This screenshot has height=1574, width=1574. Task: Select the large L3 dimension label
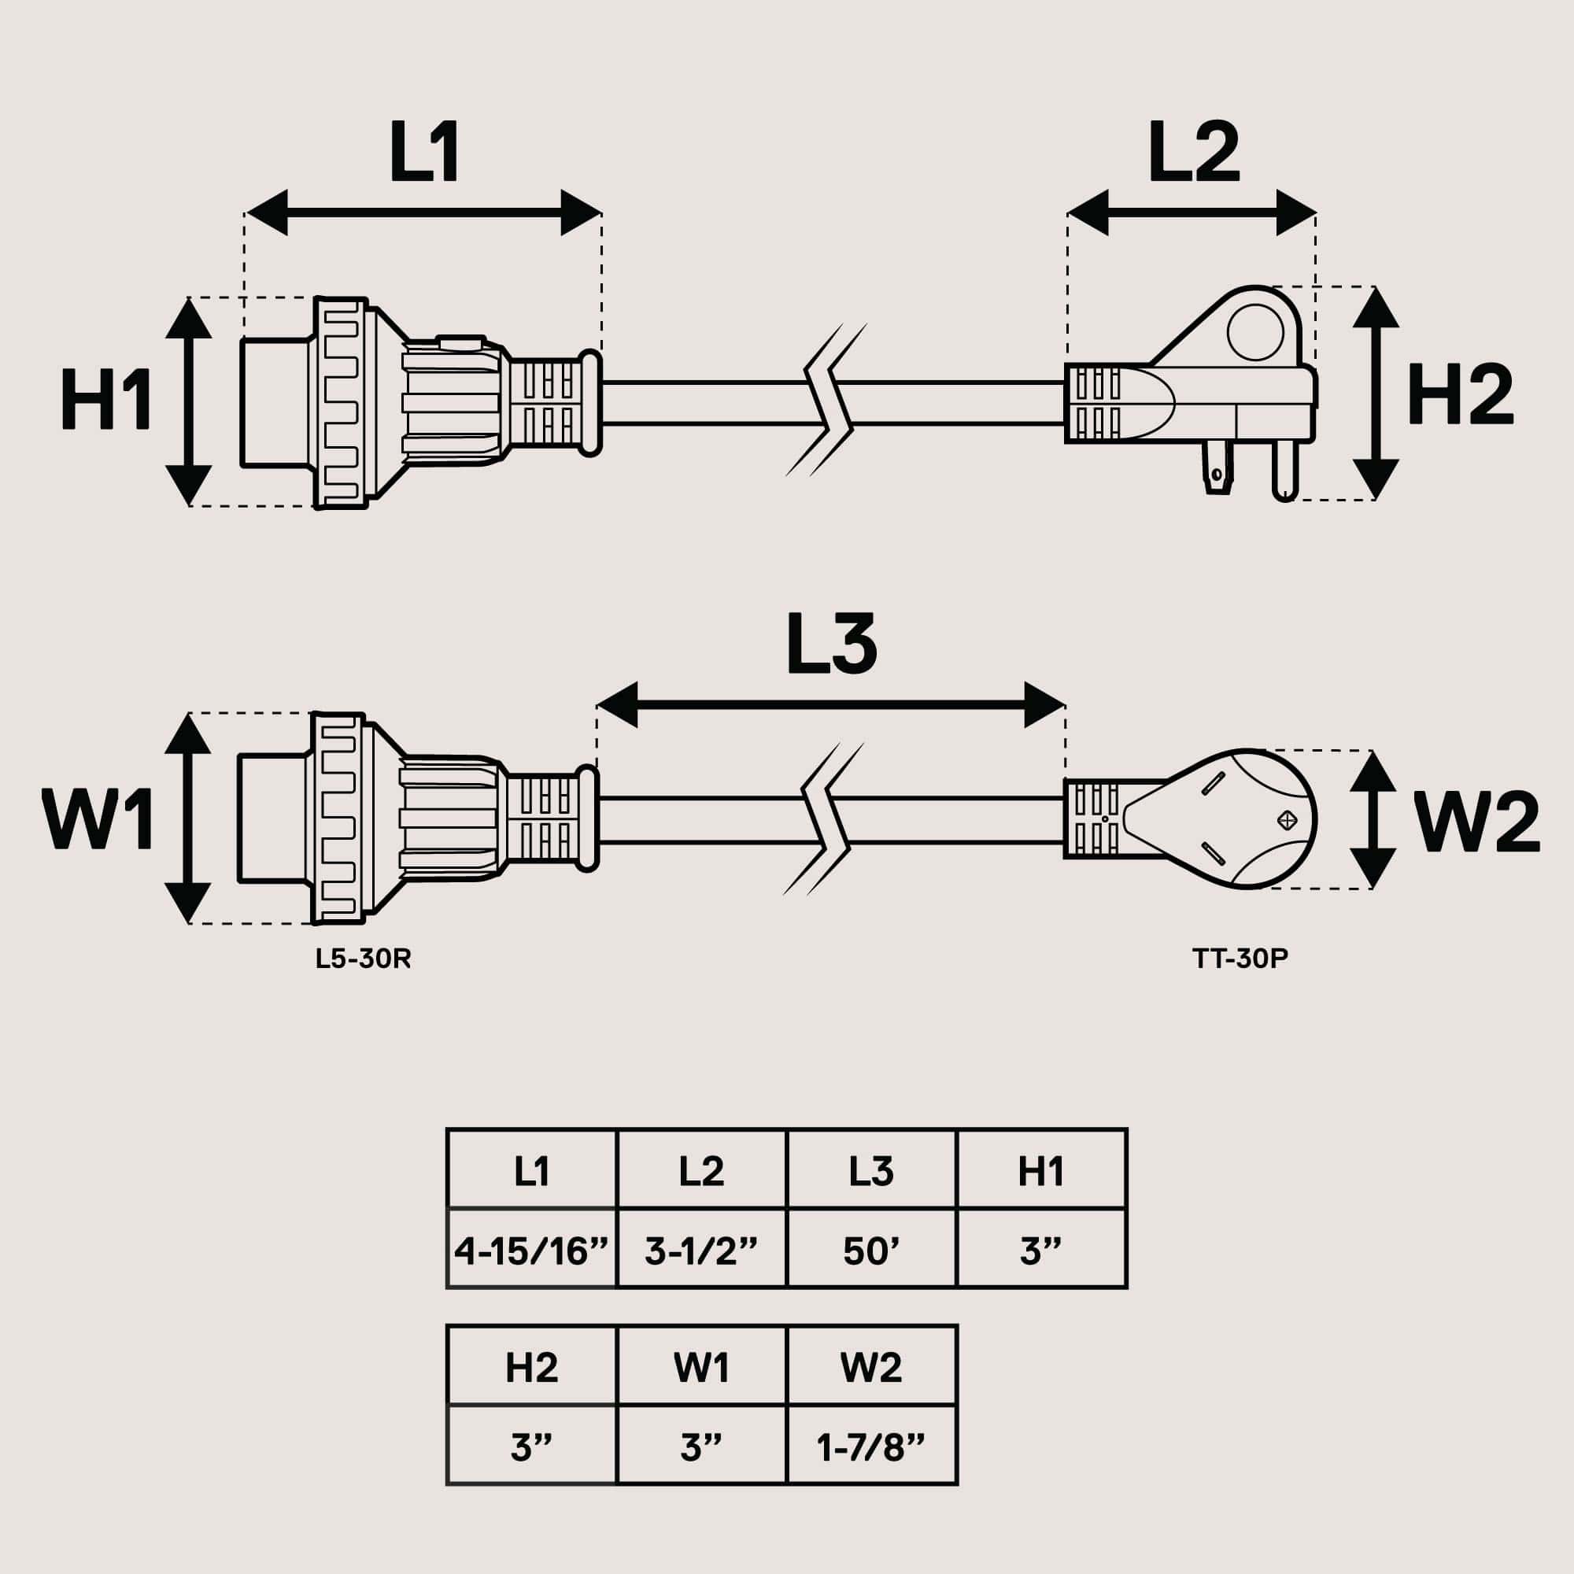point(831,646)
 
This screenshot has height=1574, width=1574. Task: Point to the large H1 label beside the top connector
point(106,400)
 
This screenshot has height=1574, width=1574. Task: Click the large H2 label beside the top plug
point(1460,394)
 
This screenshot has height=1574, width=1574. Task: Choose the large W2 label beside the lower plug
point(1476,823)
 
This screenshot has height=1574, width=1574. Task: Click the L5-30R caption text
point(364,959)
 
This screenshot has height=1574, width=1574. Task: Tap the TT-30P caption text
point(1240,959)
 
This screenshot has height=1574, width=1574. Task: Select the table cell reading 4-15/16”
point(532,1251)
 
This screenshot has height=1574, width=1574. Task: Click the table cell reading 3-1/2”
point(701,1251)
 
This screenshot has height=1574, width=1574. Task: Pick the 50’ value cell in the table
point(871,1251)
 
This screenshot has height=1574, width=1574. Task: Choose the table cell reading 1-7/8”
point(871,1448)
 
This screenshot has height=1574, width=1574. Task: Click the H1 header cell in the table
point(1041,1172)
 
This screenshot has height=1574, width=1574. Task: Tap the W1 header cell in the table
point(701,1368)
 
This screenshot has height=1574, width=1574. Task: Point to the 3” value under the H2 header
point(532,1448)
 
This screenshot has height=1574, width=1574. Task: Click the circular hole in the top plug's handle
point(1254,331)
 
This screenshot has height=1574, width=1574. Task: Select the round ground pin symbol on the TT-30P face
point(1288,819)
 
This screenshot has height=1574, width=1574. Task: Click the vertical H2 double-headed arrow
point(1376,393)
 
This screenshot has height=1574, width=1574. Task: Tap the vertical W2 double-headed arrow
point(1373,819)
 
